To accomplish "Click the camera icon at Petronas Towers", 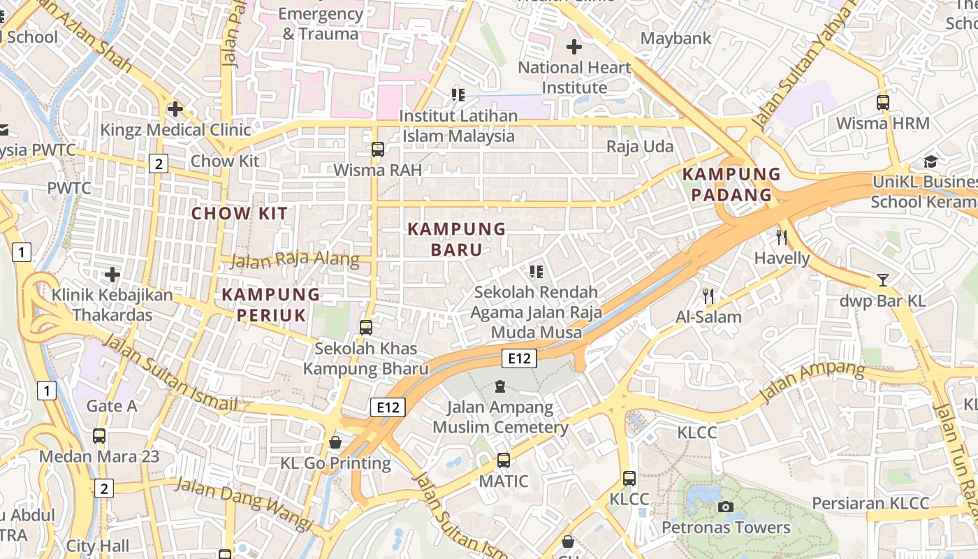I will click(726, 507).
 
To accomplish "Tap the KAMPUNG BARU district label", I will click(456, 239).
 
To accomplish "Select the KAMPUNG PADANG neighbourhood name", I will click(731, 184).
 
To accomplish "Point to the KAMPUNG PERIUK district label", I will click(271, 305).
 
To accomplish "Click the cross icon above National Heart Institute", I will click(574, 47).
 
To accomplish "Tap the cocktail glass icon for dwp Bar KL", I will click(883, 280).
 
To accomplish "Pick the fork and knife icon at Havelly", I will click(782, 238).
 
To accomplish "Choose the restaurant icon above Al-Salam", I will click(708, 296).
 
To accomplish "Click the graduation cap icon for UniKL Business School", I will click(930, 162).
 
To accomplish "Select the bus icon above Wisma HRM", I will click(883, 103).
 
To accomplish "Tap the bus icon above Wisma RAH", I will click(377, 149).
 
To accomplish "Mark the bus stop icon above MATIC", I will click(503, 460).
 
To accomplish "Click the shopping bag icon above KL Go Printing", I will click(335, 442).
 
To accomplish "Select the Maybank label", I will click(676, 38).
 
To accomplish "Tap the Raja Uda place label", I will click(639, 146).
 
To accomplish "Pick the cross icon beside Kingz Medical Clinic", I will click(175, 109).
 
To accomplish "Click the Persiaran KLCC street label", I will click(870, 503).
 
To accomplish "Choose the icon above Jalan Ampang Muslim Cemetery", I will click(500, 386).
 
